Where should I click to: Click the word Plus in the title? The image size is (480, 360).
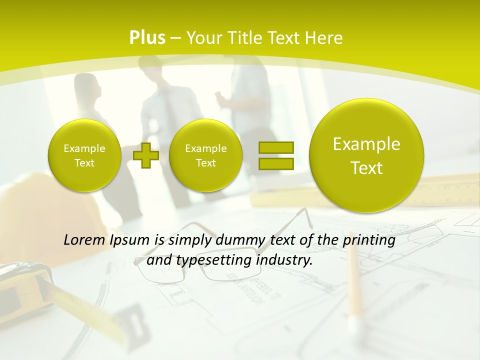coord(147,38)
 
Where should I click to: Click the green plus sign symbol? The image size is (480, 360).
coord(146,155)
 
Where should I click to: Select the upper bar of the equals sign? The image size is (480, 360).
coord(276,147)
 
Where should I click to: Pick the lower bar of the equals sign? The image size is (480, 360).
coord(276,163)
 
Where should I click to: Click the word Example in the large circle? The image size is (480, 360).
coord(366,144)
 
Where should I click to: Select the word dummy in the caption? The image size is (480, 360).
coord(242,240)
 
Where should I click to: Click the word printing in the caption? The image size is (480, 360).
coord(370,240)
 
